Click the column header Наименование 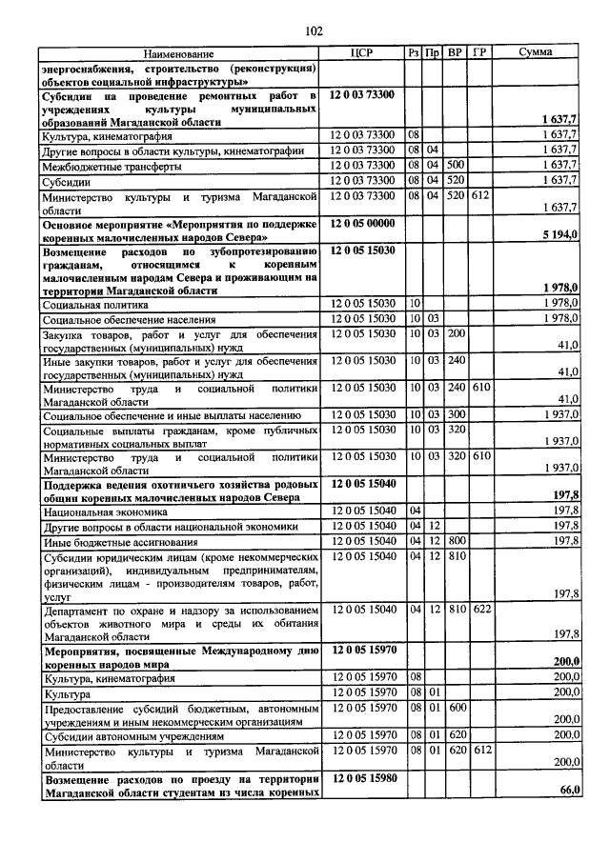[x=179, y=53]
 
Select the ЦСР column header [x=361, y=53]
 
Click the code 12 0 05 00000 [x=367, y=222]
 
